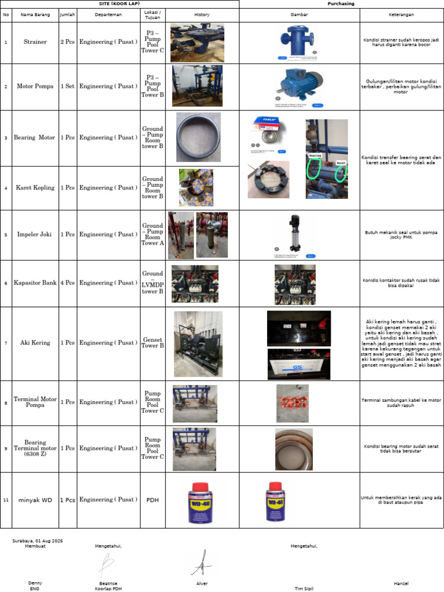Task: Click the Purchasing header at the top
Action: (341, 3)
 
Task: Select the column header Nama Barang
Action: (35, 14)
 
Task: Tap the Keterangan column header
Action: (401, 14)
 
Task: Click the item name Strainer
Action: (35, 42)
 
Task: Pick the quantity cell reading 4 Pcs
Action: (68, 283)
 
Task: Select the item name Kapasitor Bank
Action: (35, 283)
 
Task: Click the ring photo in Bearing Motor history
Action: (198, 137)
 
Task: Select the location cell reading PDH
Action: (153, 500)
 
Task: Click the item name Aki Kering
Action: (35, 343)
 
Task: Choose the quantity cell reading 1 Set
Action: (68, 86)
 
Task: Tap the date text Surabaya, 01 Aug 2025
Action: (38, 541)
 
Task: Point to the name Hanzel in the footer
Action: (401, 583)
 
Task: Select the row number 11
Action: (6, 500)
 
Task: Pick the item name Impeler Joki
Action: (35, 235)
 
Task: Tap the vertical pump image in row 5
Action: (295, 234)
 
